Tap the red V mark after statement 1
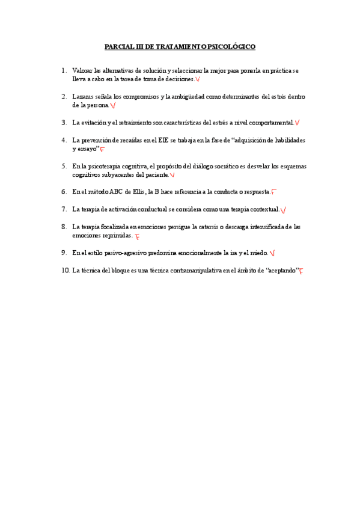pos(198,79)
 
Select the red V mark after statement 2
pos(113,106)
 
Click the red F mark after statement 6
pos(273,192)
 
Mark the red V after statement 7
pos(283,210)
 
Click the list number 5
pos(64,166)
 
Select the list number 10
pos(66,271)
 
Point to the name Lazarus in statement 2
pos(84,96)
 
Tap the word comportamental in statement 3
pos(269,123)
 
